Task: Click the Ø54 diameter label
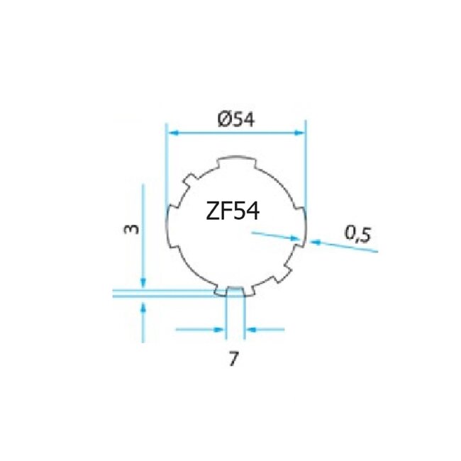235,121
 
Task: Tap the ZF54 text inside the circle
232,211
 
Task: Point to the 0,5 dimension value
358,234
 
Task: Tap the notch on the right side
301,227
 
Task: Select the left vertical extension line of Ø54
165,170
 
